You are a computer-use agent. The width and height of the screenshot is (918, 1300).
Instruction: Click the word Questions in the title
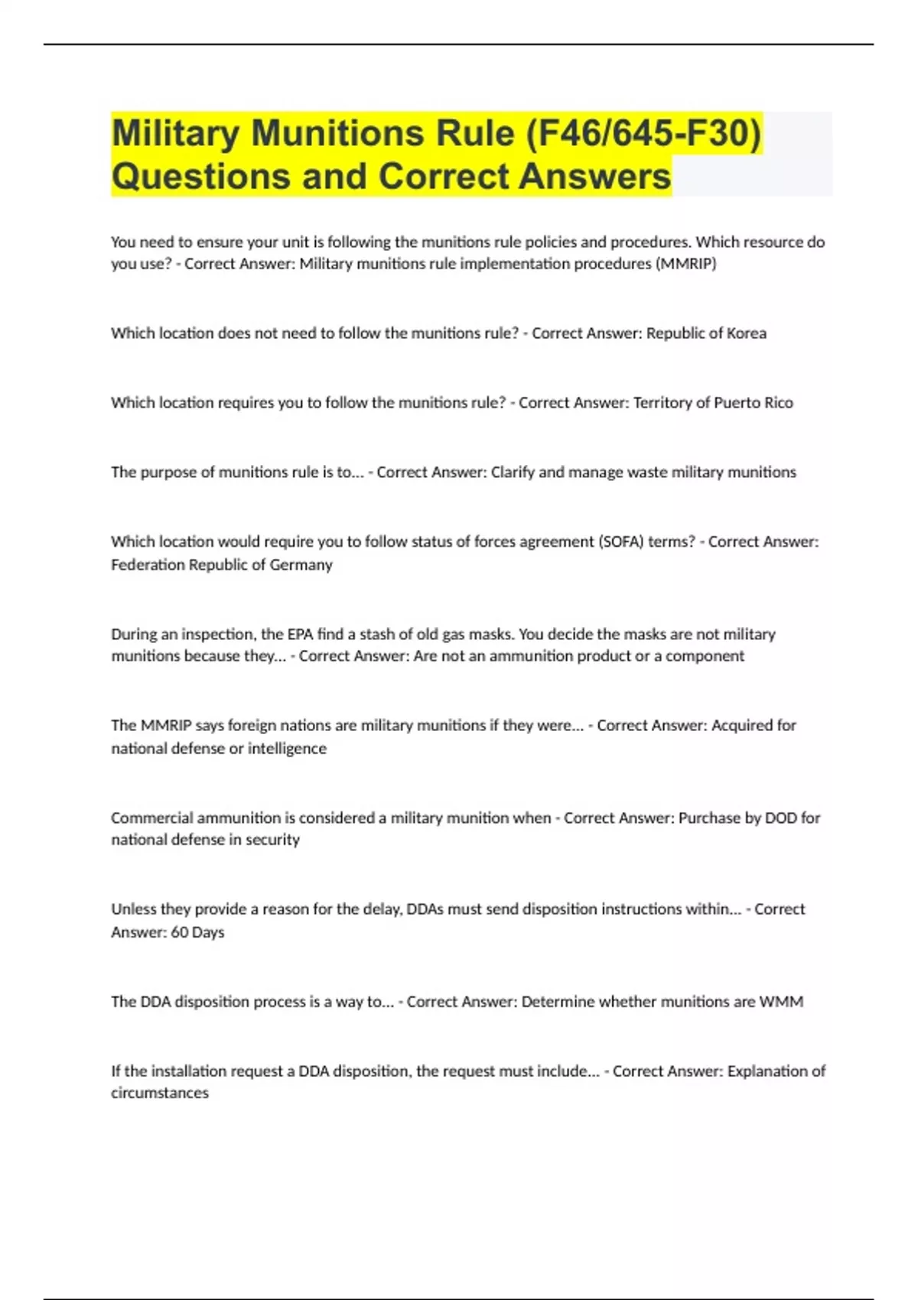point(200,177)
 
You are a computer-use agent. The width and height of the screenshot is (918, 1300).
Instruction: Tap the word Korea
point(745,333)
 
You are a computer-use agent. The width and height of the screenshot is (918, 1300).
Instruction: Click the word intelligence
point(287,749)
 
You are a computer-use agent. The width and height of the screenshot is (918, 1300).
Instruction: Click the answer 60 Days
point(197,932)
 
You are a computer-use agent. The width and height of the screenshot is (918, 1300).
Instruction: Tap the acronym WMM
point(781,1002)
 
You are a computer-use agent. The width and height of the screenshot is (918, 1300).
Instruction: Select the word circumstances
point(160,1094)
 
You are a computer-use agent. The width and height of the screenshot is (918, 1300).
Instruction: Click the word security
point(272,840)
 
